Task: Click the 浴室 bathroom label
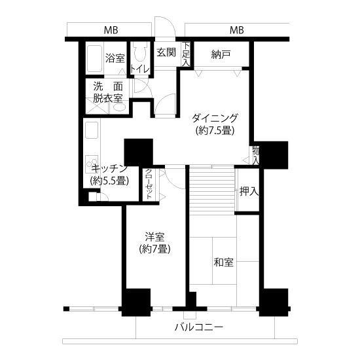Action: pos(115,58)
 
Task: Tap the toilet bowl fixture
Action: pos(140,52)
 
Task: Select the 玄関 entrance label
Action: pos(166,52)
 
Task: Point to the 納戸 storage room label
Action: pos(221,54)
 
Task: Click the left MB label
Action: pos(111,30)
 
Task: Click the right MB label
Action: pos(237,30)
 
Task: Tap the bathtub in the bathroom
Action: pos(95,58)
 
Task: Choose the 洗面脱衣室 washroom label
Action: pos(108,92)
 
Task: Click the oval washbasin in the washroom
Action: pos(120,107)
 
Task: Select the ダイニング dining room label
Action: pos(215,118)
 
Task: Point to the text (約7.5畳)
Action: pos(215,131)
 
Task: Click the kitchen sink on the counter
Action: pos(92,130)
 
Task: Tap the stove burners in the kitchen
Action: pos(92,164)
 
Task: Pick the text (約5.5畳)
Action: pos(109,181)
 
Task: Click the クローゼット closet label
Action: pos(149,185)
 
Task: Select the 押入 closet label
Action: pos(249,191)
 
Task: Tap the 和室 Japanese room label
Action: pos(223,262)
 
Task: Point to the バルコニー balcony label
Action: pos(199,327)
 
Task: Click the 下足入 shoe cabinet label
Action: pos(186,54)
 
